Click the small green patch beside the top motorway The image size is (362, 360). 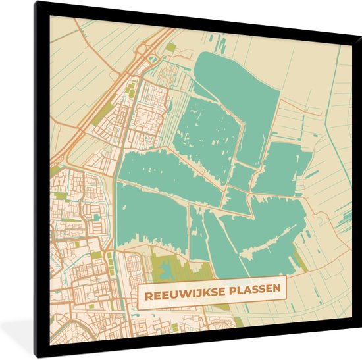pyautogui.click(x=171, y=47)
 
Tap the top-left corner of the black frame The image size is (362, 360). pyautogui.click(x=38, y=4)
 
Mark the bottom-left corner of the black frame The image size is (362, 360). pyautogui.click(x=38, y=355)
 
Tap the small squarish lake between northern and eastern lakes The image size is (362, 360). pyautogui.click(x=242, y=176)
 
